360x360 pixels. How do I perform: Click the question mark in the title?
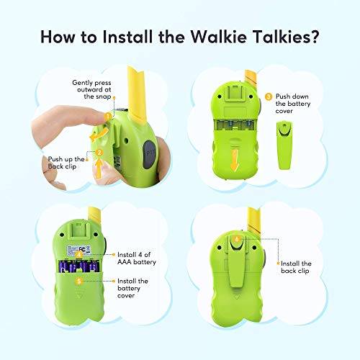point(313,37)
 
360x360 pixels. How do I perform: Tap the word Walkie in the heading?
point(219,37)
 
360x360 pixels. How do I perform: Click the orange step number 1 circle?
point(108,117)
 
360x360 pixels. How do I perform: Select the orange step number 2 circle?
point(99,153)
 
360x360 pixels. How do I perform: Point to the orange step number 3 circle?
point(269,96)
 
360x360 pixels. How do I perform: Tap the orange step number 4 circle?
point(79,254)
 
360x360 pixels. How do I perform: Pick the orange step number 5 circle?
point(79,281)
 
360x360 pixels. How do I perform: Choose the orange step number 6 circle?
point(237,239)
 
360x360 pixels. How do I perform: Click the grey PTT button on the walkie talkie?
point(150,154)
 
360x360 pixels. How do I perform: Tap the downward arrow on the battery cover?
point(235,160)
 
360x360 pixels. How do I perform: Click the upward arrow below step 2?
point(99,168)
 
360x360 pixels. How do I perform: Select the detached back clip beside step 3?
point(284,145)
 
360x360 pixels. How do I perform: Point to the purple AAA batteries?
point(79,267)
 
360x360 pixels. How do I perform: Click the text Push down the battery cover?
point(293,104)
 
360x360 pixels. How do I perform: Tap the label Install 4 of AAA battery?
point(137,258)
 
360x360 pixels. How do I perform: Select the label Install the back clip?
point(296,267)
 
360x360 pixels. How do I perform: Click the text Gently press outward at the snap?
point(91,89)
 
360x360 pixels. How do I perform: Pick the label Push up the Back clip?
point(66,163)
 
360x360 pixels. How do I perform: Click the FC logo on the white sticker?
point(82,249)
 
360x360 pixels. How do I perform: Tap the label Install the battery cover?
point(132,288)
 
